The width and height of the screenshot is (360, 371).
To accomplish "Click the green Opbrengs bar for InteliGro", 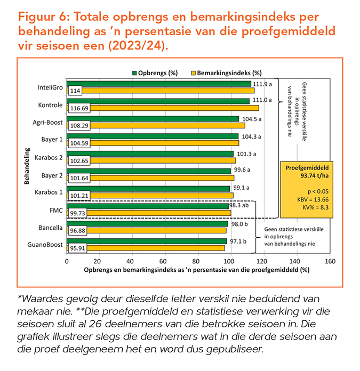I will [x=160, y=84].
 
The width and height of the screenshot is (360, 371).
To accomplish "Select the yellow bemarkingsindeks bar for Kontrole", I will [x=171, y=108].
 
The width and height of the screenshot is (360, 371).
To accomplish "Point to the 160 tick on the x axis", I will [x=330, y=262].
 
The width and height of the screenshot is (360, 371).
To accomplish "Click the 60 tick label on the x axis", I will [x=165, y=262].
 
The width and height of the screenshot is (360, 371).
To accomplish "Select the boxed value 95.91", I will [x=78, y=248].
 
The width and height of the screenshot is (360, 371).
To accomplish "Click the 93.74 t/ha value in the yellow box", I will [x=306, y=175].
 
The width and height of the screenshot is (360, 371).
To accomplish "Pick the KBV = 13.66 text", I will [x=306, y=199].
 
